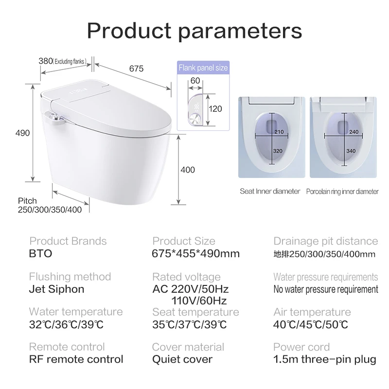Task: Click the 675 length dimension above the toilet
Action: pos(137,69)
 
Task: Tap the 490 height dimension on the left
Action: pos(23,133)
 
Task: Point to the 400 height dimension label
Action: pos(187,170)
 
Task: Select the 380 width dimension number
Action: pos(46,61)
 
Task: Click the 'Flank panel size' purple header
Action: pos(203,69)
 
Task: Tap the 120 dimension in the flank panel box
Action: pos(215,109)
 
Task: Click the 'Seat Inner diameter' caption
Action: pos(270,191)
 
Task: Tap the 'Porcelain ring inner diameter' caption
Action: pos(342,192)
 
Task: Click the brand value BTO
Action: pos(40,254)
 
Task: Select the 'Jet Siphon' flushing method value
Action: pos(56,289)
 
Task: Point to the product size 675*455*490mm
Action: pos(196,254)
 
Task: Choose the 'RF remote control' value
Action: pos(76,360)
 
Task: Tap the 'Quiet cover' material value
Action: pos(182,360)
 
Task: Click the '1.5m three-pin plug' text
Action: pos(325,360)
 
